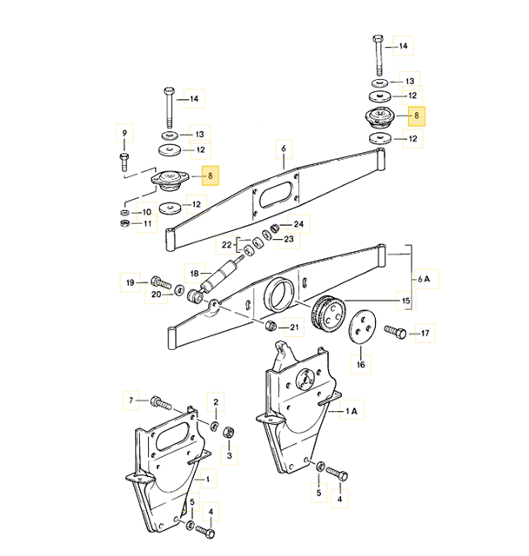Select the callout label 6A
[x=424, y=279]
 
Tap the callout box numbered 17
[x=425, y=332]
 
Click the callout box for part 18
[x=193, y=271]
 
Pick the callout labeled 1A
[x=352, y=409]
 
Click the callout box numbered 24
[x=298, y=223]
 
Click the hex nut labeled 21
[x=270, y=327]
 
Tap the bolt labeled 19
[x=158, y=281]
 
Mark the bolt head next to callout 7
[x=157, y=401]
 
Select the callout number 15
[x=405, y=302]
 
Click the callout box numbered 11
[x=148, y=224]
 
